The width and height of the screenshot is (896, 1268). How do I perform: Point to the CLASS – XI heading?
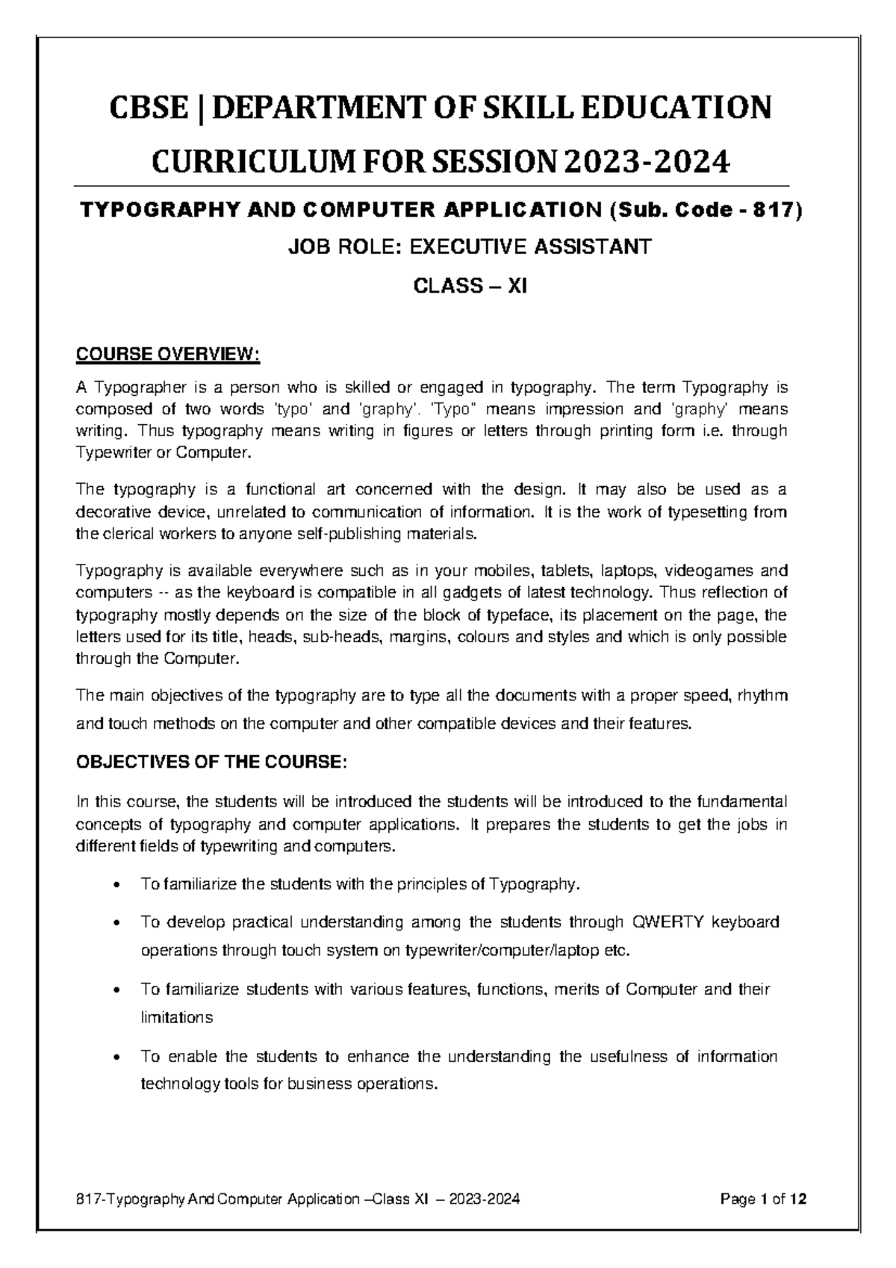tap(470, 286)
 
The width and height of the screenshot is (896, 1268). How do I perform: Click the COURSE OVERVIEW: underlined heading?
tap(168, 353)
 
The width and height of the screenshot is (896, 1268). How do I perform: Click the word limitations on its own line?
tap(177, 1017)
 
